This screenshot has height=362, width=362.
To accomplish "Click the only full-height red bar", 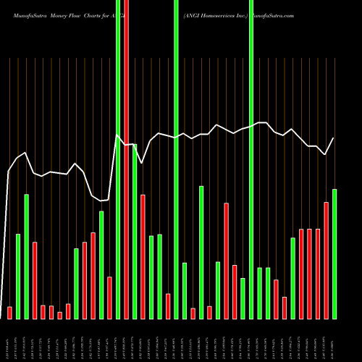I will [126, 159].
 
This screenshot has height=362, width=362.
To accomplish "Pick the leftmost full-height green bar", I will [118, 159].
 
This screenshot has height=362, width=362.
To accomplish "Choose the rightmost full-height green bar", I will [251, 159].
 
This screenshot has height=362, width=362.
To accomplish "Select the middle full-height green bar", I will [176, 159].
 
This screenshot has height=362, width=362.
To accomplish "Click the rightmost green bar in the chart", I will [334, 253].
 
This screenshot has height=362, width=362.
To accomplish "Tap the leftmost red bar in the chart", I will [9, 313].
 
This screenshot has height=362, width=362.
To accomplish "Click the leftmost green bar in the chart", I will [18, 276].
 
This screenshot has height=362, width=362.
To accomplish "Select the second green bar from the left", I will [26, 256].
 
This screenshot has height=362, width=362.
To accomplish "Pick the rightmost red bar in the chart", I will [326, 260].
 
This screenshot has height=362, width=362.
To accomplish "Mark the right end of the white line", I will [334, 138].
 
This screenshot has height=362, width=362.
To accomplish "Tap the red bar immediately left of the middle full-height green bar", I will [168, 306].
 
